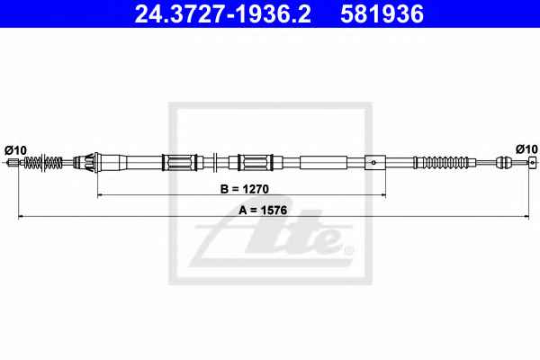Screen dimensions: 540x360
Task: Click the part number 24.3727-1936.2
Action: pyautogui.click(x=222, y=13)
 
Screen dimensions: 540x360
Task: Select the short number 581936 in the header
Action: pyautogui.click(x=382, y=13)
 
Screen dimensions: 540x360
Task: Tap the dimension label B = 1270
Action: pyautogui.click(x=244, y=189)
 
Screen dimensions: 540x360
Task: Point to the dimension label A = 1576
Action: pyautogui.click(x=263, y=210)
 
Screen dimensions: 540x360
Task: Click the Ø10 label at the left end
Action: pyautogui.click(x=15, y=150)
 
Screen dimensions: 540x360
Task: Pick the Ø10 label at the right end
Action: pyautogui.click(x=526, y=149)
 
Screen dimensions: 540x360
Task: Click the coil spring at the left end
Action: pyautogui.click(x=43, y=162)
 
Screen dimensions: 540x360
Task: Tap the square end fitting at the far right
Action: pyautogui.click(x=533, y=162)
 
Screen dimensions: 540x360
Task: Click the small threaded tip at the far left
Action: pyautogui.click(x=13, y=162)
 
